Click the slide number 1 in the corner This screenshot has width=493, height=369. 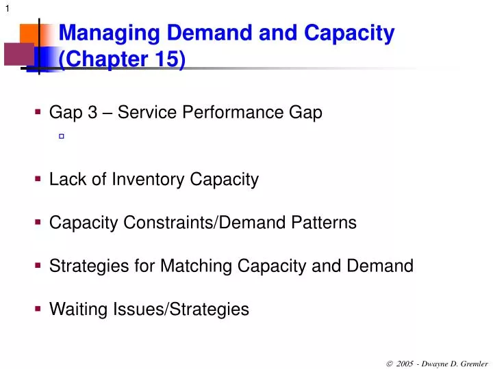point(7,8)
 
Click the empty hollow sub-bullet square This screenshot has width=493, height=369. point(61,137)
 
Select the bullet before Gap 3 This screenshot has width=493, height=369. point(38,111)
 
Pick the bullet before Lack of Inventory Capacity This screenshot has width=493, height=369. point(38,178)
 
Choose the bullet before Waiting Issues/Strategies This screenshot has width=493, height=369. point(38,308)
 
